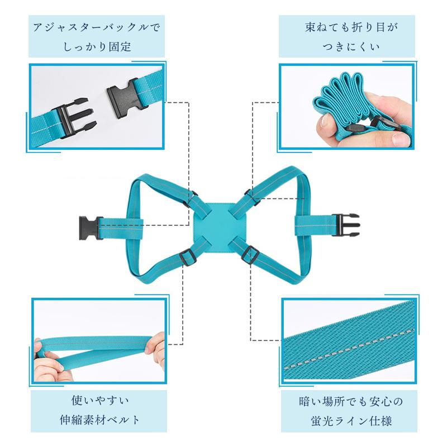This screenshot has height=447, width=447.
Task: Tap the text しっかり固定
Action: point(96,47)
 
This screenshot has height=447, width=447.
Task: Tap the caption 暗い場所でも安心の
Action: point(350,401)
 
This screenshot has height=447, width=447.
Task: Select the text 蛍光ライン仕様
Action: point(350,420)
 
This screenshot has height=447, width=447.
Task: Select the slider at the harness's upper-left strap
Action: point(193,196)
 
